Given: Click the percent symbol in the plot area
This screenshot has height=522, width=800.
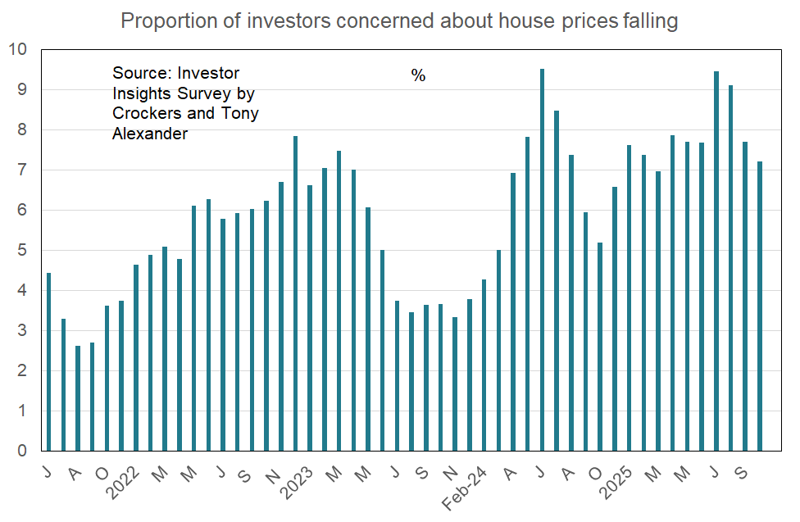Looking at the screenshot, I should [418, 76].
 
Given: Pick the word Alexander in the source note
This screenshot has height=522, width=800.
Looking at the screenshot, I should [149, 133].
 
